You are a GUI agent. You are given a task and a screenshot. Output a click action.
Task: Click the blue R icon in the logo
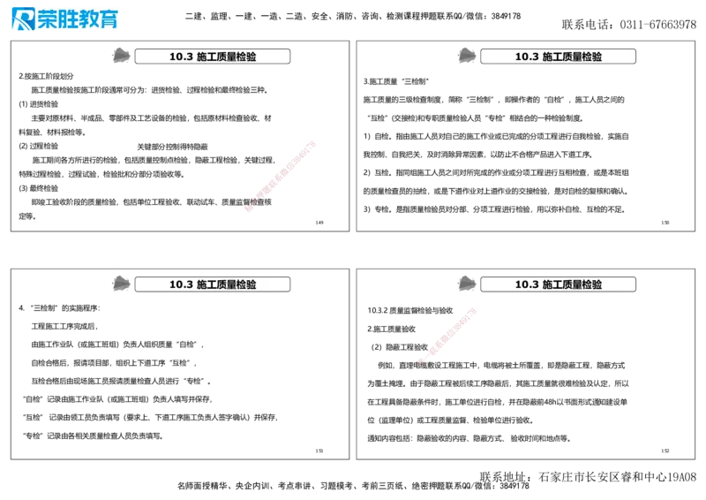point(23,19)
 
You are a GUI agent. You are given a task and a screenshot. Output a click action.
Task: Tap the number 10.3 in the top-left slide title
point(181,57)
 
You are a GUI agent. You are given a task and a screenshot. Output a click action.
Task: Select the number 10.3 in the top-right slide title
point(527,57)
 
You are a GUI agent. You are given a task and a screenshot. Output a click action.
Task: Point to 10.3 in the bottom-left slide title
point(181,284)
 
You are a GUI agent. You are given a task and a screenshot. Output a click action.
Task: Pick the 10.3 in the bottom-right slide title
point(527,284)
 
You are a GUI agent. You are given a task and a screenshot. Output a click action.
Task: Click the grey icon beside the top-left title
point(120,55)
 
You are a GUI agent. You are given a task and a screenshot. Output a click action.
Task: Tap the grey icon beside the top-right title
point(466,55)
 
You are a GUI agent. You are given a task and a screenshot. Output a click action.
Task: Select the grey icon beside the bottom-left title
point(120,283)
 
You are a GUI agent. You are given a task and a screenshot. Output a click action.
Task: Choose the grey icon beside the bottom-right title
point(466,283)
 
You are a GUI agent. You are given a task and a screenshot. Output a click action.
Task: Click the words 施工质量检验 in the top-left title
point(226,57)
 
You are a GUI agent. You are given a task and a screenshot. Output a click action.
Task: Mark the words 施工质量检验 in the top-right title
point(572,57)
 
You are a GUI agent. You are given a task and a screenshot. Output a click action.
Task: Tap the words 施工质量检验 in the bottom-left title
point(226,284)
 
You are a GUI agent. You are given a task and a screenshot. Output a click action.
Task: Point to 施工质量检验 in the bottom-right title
point(572,284)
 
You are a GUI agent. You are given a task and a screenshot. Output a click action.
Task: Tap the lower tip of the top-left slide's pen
point(244,209)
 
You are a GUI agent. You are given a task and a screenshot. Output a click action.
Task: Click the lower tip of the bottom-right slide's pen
point(419,360)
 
